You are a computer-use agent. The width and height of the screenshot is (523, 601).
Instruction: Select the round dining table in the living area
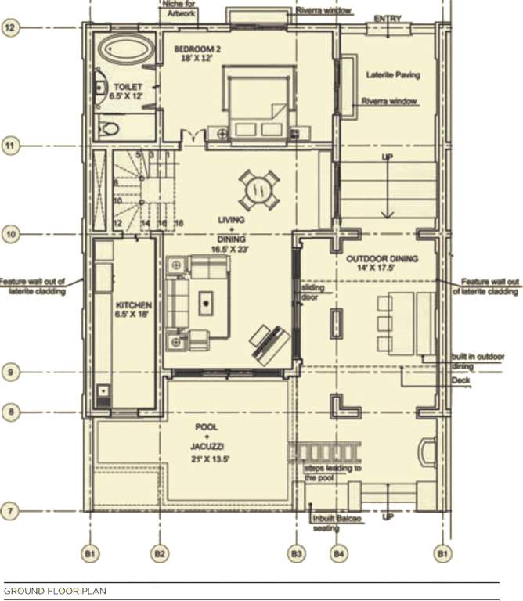tap(258, 189)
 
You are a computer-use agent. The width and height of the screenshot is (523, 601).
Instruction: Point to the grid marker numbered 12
tap(10, 28)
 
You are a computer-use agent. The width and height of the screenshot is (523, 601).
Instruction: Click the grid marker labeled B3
tap(296, 554)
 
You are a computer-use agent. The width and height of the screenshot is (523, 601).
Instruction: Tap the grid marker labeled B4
tap(337, 554)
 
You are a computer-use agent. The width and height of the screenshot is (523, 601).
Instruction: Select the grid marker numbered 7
tap(10, 512)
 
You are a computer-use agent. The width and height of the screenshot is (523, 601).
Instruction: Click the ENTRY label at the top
tap(388, 18)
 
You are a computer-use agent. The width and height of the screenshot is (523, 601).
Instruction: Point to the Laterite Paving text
tap(393, 75)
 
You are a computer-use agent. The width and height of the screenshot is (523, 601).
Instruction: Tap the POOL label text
tap(207, 427)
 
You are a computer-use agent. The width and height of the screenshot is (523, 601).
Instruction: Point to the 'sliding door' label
tap(312, 292)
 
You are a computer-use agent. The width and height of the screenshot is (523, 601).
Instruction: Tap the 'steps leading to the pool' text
tap(332, 472)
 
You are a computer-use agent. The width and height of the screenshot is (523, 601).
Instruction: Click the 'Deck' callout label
tap(461, 381)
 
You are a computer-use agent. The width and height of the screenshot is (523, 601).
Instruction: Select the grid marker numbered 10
tap(10, 233)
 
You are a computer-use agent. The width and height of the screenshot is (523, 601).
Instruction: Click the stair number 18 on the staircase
tap(179, 224)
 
